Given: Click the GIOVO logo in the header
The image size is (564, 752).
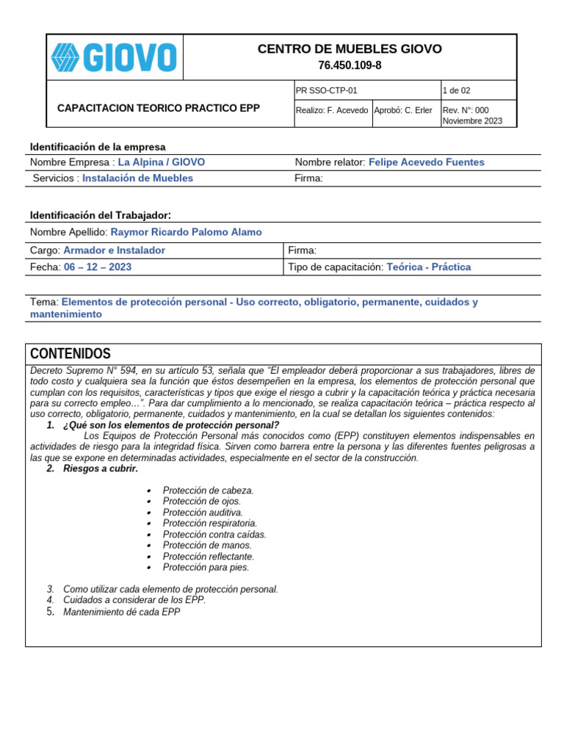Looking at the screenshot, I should click(114, 57).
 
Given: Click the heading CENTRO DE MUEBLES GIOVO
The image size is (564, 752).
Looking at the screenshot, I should click(350, 49).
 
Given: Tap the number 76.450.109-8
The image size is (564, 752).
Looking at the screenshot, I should click(350, 65).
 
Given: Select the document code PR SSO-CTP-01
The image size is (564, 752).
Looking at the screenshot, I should click(326, 91).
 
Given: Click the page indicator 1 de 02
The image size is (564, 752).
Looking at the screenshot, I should click(456, 91).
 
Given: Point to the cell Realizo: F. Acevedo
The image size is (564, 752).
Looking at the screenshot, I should click(331, 110).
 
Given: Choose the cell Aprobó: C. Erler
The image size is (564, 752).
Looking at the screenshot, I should click(403, 110).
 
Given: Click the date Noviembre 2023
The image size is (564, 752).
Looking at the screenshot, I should click(472, 121).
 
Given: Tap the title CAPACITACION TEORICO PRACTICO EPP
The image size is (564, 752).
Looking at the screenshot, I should click(159, 108).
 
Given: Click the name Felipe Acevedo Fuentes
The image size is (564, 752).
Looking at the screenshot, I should click(426, 162).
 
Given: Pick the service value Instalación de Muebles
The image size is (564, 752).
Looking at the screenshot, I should click(138, 178).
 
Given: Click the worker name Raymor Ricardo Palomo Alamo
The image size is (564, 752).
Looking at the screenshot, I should click(186, 232).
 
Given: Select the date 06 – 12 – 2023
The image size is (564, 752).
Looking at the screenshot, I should click(98, 267).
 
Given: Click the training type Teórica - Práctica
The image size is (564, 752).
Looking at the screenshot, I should click(428, 267).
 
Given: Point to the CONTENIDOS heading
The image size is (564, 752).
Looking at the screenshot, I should click(70, 354).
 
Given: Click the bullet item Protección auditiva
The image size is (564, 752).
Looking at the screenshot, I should click(203, 513).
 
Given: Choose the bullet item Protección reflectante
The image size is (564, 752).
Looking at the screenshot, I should click(209, 557).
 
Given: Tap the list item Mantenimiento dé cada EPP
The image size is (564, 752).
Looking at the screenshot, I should click(122, 612).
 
